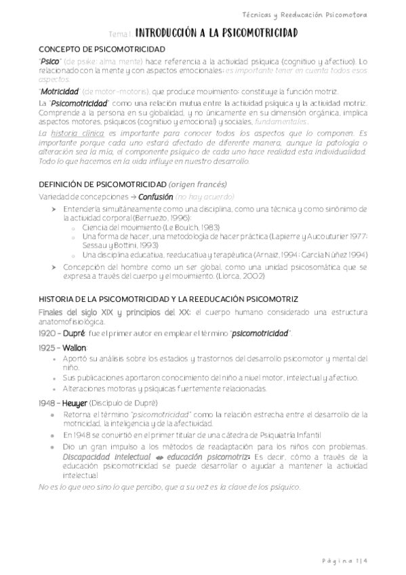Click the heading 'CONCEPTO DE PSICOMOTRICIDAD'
101,49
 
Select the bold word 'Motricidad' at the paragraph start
60,92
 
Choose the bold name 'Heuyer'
75,403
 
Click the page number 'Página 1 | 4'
346,560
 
